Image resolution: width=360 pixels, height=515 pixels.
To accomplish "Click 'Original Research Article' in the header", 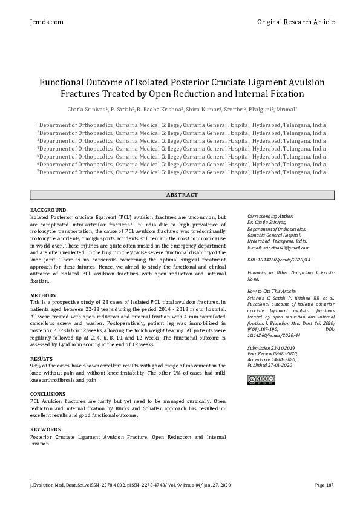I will [x=295, y=22].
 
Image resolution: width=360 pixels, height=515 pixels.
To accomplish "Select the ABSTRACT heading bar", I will [x=182, y=195].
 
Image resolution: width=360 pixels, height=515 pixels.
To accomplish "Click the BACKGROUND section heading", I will [x=48, y=209].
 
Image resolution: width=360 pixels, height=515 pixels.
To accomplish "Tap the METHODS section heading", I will [x=43, y=295].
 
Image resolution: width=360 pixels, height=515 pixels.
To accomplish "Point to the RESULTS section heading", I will [x=42, y=358].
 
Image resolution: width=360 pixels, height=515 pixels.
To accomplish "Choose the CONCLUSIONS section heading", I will [x=48, y=394].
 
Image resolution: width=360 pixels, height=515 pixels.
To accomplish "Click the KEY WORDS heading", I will [x=45, y=429].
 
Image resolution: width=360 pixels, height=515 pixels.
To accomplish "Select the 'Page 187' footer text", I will [x=324, y=485].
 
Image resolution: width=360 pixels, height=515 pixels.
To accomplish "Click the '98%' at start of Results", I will [x=36, y=366].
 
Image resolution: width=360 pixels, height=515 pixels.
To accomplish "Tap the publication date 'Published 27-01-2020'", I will [x=270, y=366].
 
